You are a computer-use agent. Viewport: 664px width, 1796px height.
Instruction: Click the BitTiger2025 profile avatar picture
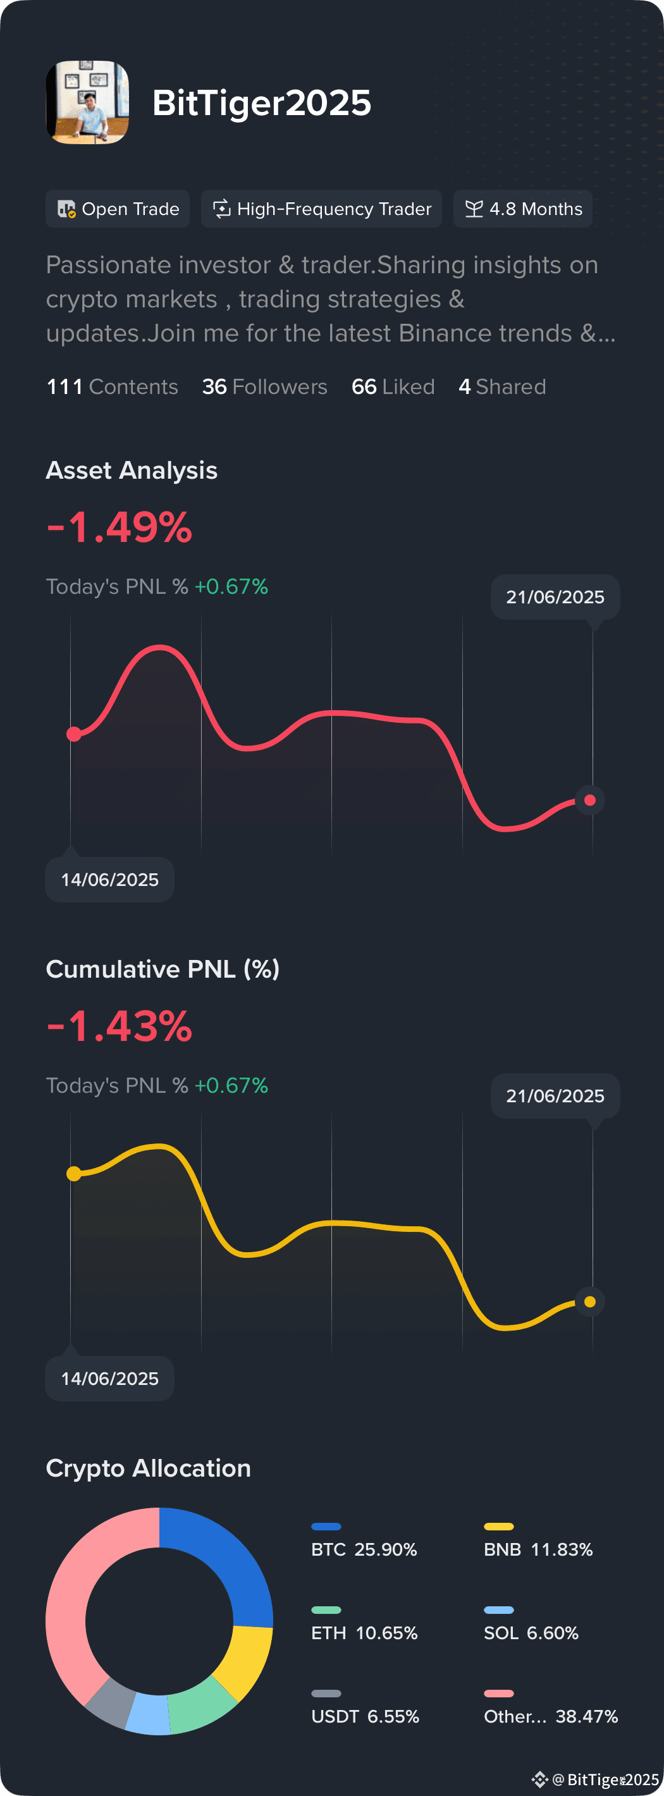(x=87, y=102)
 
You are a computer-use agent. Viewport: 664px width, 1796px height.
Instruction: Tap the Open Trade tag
(x=118, y=209)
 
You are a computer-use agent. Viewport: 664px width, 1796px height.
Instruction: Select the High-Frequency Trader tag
(x=321, y=209)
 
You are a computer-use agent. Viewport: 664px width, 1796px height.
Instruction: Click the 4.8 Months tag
(x=523, y=209)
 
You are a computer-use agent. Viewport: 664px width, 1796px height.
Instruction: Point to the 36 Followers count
(x=264, y=386)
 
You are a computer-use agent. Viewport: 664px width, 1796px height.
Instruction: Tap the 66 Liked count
(x=393, y=386)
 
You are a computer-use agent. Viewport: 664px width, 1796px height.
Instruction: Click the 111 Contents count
(x=113, y=386)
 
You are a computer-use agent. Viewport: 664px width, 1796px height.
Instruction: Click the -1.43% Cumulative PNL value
(x=120, y=1026)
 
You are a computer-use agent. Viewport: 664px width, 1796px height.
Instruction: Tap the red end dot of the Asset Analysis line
(x=590, y=800)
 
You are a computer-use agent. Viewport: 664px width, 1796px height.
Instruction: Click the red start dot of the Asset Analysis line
(x=73, y=734)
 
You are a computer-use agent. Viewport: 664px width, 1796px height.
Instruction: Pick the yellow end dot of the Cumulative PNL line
(x=590, y=1301)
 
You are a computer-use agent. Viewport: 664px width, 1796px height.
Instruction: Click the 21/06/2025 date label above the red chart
(x=555, y=597)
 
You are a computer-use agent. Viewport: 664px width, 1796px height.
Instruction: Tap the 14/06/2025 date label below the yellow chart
(x=109, y=1379)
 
